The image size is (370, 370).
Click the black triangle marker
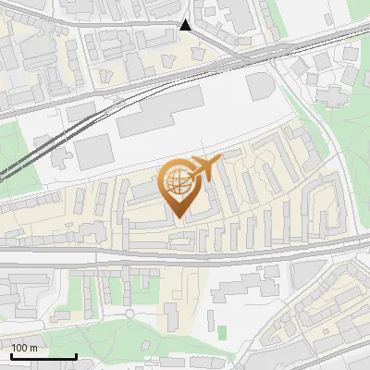tap(186, 25)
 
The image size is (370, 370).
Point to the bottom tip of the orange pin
tap(179, 216)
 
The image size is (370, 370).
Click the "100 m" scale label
tap(24, 348)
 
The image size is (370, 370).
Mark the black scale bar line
tap(43, 356)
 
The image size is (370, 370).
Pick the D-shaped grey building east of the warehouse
tap(262, 90)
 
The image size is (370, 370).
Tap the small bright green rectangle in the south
tap(222, 331)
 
